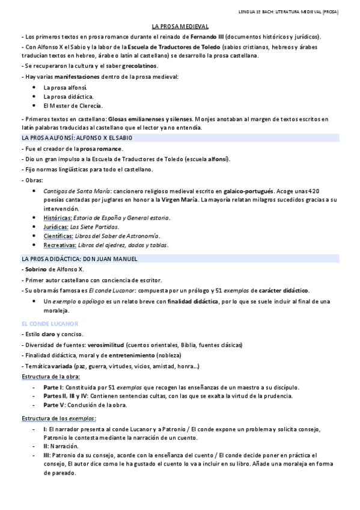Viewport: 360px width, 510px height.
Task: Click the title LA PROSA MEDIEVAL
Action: pyautogui.click(x=180, y=27)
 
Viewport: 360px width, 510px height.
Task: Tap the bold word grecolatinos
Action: pyautogui.click(x=139, y=66)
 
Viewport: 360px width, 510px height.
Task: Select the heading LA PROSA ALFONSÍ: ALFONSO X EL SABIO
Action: pyautogui.click(x=77, y=138)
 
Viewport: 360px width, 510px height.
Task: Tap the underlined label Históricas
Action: pyautogui.click(x=58, y=217)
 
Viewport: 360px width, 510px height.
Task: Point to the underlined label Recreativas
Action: pyautogui.click(x=59, y=245)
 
